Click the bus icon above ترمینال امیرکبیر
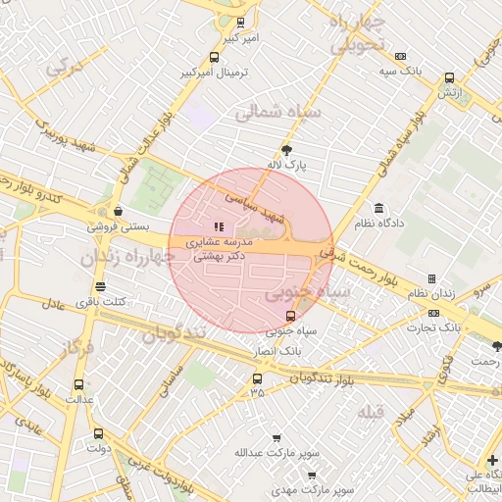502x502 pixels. click(x=215, y=58)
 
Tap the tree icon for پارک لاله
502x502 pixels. click(x=286, y=150)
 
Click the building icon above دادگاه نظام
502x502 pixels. click(x=378, y=209)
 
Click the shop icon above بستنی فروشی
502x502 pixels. click(x=119, y=210)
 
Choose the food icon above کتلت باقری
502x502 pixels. click(x=99, y=286)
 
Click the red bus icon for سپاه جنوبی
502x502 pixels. click(x=290, y=316)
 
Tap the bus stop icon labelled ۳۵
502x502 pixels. click(x=257, y=378)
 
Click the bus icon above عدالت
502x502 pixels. click(x=78, y=384)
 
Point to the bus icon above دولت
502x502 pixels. click(x=97, y=433)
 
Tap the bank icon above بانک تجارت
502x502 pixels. click(x=432, y=308)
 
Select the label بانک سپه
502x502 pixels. click(x=403, y=71)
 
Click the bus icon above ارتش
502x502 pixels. click(x=449, y=77)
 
